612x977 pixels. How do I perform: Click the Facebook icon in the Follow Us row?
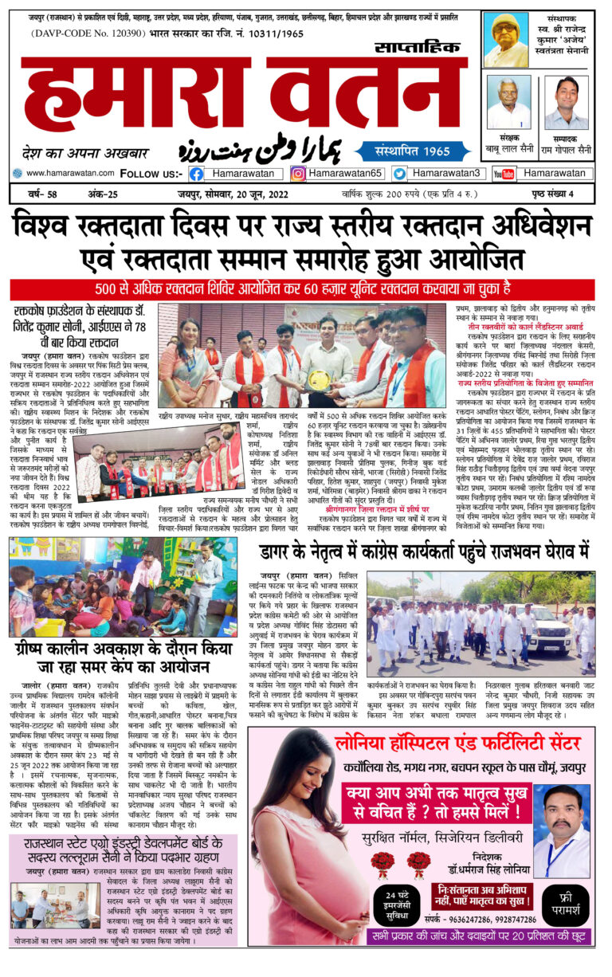coord(196,173)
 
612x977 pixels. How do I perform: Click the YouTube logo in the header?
coord(503,173)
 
